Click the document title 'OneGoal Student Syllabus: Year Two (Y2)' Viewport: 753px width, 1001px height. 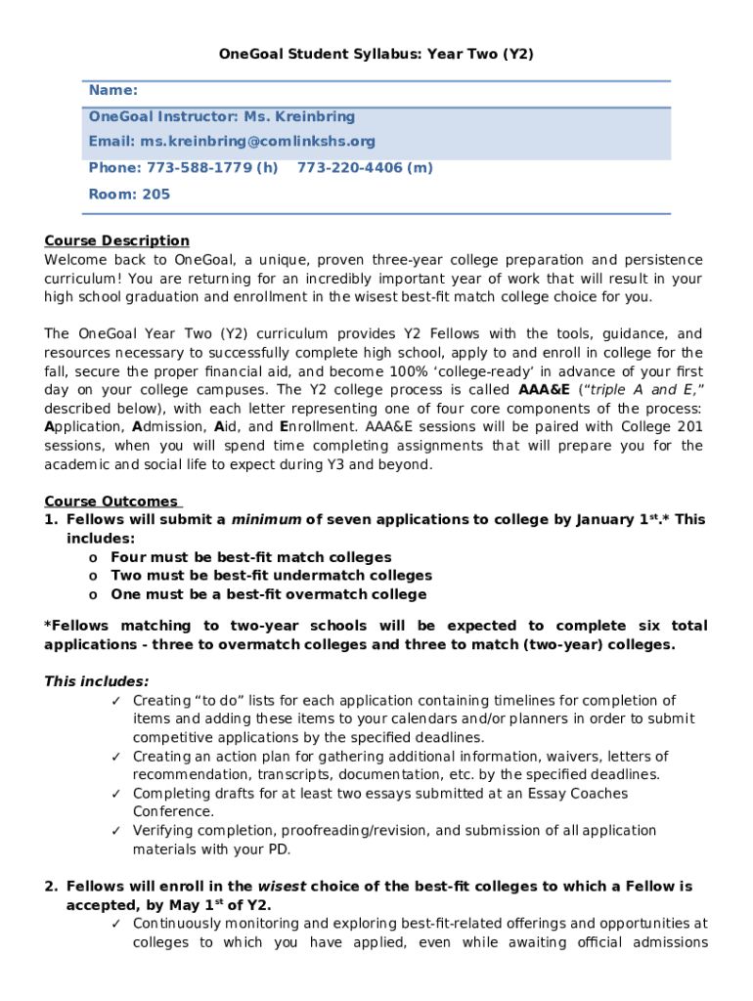376,55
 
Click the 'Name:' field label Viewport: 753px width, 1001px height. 112,90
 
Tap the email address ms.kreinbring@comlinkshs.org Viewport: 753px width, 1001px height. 257,142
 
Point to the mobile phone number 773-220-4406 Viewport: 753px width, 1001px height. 350,168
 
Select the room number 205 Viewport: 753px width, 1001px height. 155,194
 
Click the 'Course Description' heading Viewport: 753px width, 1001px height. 116,240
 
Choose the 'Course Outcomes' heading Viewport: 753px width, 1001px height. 111,501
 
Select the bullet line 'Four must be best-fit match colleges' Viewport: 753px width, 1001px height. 250,557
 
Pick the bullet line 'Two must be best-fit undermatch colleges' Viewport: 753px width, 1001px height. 271,576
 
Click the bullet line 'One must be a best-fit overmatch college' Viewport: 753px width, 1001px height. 268,594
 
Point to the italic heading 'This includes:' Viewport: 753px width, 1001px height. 97,681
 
